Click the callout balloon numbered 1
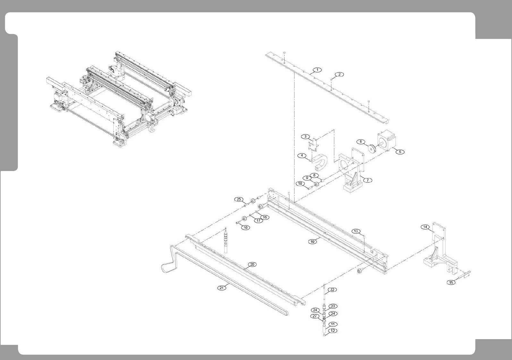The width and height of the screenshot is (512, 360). pos(317,70)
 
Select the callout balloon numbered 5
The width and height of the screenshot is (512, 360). pos(400,152)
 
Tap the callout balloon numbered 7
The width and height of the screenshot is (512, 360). pos(367,180)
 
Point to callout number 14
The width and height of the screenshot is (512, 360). pos(425,227)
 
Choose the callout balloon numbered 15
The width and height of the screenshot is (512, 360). pos(451,283)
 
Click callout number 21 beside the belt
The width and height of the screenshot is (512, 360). pos(221,288)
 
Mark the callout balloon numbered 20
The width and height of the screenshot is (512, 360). pos(252,264)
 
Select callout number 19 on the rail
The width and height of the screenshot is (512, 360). pos(313,242)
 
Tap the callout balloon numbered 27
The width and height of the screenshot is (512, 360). pos(315,316)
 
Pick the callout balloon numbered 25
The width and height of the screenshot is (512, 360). pos(239,199)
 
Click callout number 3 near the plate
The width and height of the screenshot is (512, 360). pos(305,136)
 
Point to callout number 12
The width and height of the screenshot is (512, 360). pos(333,331)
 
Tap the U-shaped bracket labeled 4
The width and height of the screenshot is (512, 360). pos(321,162)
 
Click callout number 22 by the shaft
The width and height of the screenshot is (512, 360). pos(332,290)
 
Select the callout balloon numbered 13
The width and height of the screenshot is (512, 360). pos(356,231)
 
